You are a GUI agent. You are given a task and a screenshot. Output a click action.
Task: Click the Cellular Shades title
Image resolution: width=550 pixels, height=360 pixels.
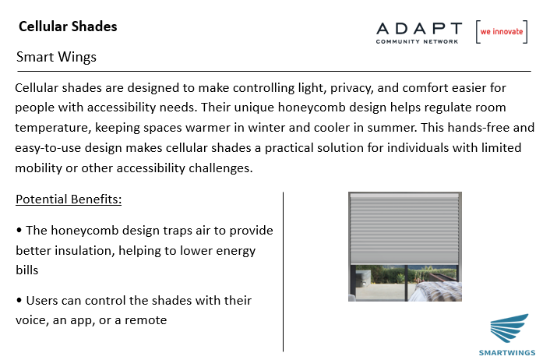coord(68,26)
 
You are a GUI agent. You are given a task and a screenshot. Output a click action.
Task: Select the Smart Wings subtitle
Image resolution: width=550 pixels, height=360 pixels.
coord(56,57)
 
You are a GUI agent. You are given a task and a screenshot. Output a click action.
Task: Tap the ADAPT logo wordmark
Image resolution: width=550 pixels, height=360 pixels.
coord(419,29)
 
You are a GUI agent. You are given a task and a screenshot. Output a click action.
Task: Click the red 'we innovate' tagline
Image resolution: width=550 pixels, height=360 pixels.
coord(502,32)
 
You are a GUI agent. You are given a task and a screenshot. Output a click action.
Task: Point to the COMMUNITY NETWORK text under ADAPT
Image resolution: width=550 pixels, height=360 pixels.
coord(417,41)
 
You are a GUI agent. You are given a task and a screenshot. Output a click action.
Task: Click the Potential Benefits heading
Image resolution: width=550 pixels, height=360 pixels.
coord(69,199)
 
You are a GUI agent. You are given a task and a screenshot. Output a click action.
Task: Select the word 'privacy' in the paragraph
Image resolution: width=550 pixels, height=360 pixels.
coord(352,88)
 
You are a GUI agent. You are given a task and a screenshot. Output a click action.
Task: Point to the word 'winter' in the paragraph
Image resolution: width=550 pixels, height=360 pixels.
coord(266,127)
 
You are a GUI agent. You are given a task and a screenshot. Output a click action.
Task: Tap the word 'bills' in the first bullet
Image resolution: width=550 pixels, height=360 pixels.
coord(27,270)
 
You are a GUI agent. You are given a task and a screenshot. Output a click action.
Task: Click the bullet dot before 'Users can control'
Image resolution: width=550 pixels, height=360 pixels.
coord(19,300)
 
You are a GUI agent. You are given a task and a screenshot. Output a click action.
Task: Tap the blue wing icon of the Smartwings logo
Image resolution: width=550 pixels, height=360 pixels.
coord(509,328)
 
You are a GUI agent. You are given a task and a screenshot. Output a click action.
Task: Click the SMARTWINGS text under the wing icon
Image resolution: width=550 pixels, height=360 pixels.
coord(507,353)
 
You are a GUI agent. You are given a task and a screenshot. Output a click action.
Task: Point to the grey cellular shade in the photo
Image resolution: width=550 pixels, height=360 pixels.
coord(405,228)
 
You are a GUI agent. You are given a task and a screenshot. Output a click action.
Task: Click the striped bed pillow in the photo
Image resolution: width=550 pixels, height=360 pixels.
coord(439,291)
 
